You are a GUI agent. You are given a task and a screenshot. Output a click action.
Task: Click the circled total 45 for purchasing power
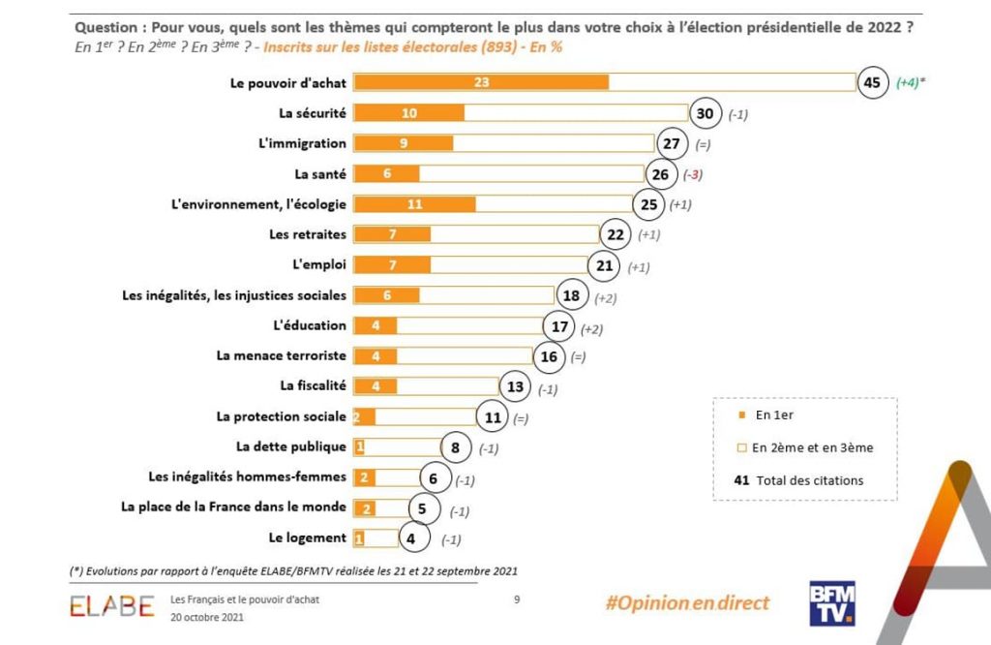tap(871, 83)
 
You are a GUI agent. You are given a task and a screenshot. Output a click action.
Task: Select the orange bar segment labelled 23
tap(481, 83)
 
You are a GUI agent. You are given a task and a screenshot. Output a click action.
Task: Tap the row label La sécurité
tap(312, 113)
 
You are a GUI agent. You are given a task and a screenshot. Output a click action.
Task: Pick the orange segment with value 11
tap(414, 204)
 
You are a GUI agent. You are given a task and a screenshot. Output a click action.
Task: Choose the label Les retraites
tap(307, 234)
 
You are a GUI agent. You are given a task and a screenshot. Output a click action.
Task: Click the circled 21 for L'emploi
tap(605, 265)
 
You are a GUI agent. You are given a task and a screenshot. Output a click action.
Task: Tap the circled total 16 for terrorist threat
tap(549, 356)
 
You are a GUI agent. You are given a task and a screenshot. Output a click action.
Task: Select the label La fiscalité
tap(313, 385)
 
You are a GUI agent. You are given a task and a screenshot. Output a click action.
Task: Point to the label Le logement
tap(307, 537)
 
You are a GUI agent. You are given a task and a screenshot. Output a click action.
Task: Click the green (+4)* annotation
tap(910, 83)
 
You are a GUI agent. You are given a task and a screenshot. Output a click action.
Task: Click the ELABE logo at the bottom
tap(111, 606)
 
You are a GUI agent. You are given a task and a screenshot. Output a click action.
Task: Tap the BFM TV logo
tap(831, 602)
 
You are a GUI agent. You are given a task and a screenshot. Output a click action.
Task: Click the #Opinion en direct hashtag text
tap(687, 603)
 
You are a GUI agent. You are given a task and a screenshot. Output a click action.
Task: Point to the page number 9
tap(517, 599)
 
